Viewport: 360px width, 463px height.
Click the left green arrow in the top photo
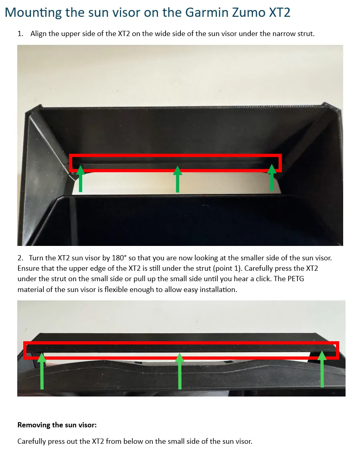[81, 179]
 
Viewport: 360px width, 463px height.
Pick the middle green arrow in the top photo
[177, 179]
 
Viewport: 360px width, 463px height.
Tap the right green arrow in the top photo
[272, 177]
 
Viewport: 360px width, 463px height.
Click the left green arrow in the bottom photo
[42, 371]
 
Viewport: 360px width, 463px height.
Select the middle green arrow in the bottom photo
[180, 371]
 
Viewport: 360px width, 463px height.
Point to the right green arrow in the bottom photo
[322, 369]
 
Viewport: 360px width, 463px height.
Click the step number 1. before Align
[20, 34]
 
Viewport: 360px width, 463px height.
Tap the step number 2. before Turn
[20, 258]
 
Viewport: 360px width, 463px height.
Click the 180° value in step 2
[119, 258]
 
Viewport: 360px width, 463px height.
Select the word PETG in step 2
[295, 279]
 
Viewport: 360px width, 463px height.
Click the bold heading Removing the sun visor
[57, 425]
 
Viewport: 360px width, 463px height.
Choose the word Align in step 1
[38, 34]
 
